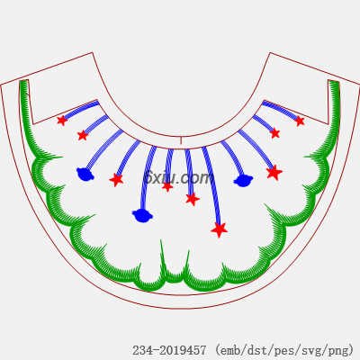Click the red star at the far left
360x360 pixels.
tap(62, 121)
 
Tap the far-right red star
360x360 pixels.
tap(300, 121)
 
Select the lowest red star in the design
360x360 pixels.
tap(220, 229)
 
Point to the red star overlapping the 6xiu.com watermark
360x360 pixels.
tap(167, 186)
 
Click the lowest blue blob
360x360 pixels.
tap(142, 215)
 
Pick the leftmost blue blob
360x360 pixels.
tap(85, 175)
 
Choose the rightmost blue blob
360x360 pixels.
tap(243, 181)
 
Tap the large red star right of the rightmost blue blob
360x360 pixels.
tap(274, 173)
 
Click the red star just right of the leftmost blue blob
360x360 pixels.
tap(116, 179)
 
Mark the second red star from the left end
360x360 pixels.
tap(83, 135)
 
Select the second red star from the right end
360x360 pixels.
tap(274, 133)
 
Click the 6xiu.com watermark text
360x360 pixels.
tap(179, 177)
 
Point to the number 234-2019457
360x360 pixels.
tap(169, 350)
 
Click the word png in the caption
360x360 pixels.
tap(340, 350)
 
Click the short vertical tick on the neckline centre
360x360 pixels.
tap(181, 141)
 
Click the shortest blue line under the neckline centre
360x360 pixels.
tap(169, 166)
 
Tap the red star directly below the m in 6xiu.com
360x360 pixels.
tap(193, 199)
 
